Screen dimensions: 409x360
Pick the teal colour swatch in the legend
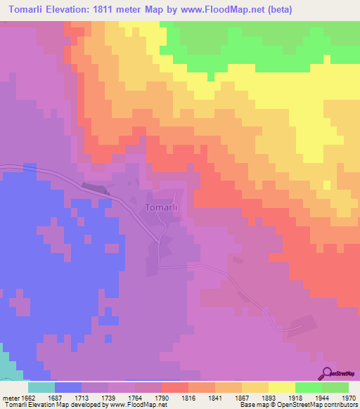click(x=41, y=387)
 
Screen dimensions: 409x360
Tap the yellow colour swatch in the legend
click(x=281, y=387)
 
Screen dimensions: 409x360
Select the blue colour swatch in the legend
click(x=67, y=387)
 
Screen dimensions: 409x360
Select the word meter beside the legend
click(x=13, y=398)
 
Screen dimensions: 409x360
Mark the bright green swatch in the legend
click(x=308, y=387)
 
